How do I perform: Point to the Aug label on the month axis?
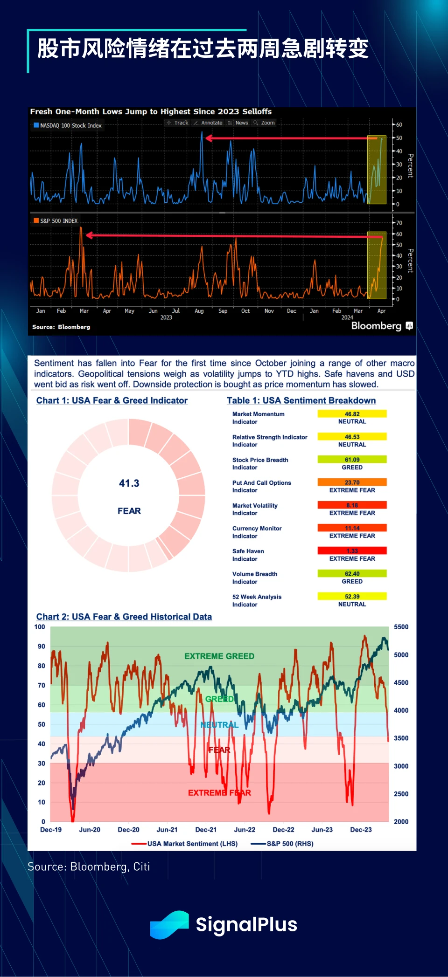(199, 311)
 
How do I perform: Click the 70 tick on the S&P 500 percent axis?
(399, 223)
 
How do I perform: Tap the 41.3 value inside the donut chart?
(129, 483)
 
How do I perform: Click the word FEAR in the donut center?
(129, 511)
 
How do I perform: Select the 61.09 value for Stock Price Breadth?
(352, 460)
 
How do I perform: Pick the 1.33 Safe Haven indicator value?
(352, 551)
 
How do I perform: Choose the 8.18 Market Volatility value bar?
(352, 505)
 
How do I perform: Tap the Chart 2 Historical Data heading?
(124, 617)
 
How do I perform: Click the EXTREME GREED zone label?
(219, 656)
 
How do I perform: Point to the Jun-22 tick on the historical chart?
(245, 830)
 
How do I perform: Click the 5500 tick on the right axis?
(401, 627)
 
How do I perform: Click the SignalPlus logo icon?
(169, 924)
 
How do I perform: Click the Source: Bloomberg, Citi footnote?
(89, 867)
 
